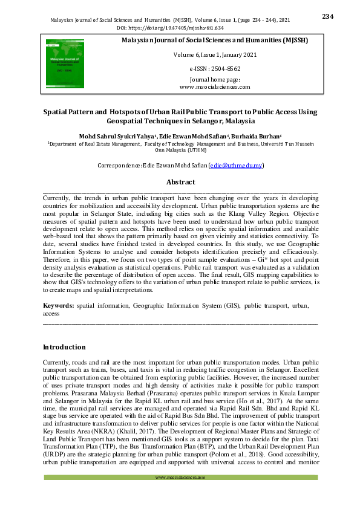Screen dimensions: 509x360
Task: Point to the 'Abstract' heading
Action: (180, 181)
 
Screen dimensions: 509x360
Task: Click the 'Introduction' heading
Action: (64, 348)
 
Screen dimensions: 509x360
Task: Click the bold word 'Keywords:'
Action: (59, 306)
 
